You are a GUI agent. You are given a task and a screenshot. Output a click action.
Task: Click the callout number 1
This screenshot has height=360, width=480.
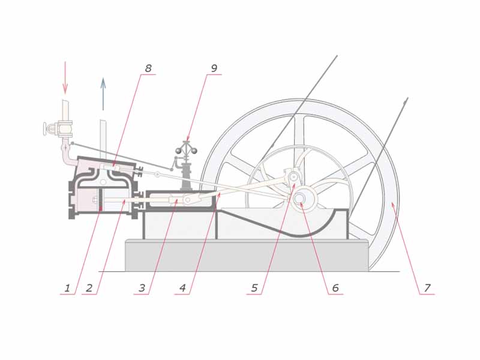[67, 288]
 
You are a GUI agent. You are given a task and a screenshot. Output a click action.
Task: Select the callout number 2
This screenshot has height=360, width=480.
[89, 288]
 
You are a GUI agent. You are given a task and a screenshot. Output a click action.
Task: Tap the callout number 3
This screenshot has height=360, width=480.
[142, 288]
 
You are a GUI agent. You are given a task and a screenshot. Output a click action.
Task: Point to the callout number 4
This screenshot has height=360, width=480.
[183, 288]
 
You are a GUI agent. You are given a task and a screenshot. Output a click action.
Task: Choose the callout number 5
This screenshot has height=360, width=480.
[254, 288]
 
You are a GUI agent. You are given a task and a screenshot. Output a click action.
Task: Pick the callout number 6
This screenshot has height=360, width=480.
[335, 288]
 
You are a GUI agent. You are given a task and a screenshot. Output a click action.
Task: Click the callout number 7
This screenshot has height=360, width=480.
[427, 288]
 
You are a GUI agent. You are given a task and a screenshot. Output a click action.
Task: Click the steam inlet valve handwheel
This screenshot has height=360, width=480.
[46, 128]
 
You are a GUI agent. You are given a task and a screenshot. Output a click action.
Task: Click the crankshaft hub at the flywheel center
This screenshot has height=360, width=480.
[300, 197]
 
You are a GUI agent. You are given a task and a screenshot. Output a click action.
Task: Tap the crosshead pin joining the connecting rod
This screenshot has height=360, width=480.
[188, 200]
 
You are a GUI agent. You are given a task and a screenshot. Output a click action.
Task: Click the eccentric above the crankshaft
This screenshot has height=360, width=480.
[293, 177]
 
